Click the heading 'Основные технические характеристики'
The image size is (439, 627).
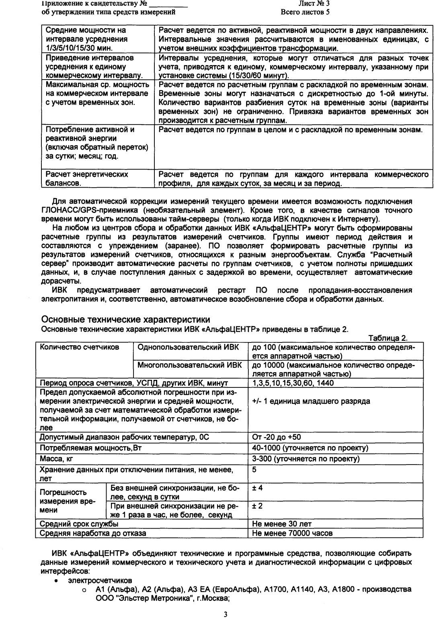pyautogui.click(x=126, y=320)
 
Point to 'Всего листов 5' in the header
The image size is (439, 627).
pyautogui.click(x=306, y=12)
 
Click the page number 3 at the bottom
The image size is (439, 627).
pyautogui.click(x=226, y=615)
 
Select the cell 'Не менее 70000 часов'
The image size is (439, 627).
pyautogui.click(x=292, y=533)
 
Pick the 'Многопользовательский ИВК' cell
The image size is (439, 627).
pyautogui.click(x=190, y=365)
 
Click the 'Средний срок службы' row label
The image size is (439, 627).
pyautogui.click(x=79, y=524)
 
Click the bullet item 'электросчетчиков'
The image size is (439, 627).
pyautogui.click(x=100, y=581)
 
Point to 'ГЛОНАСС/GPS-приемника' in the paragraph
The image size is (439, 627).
pyautogui.click(x=94, y=210)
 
